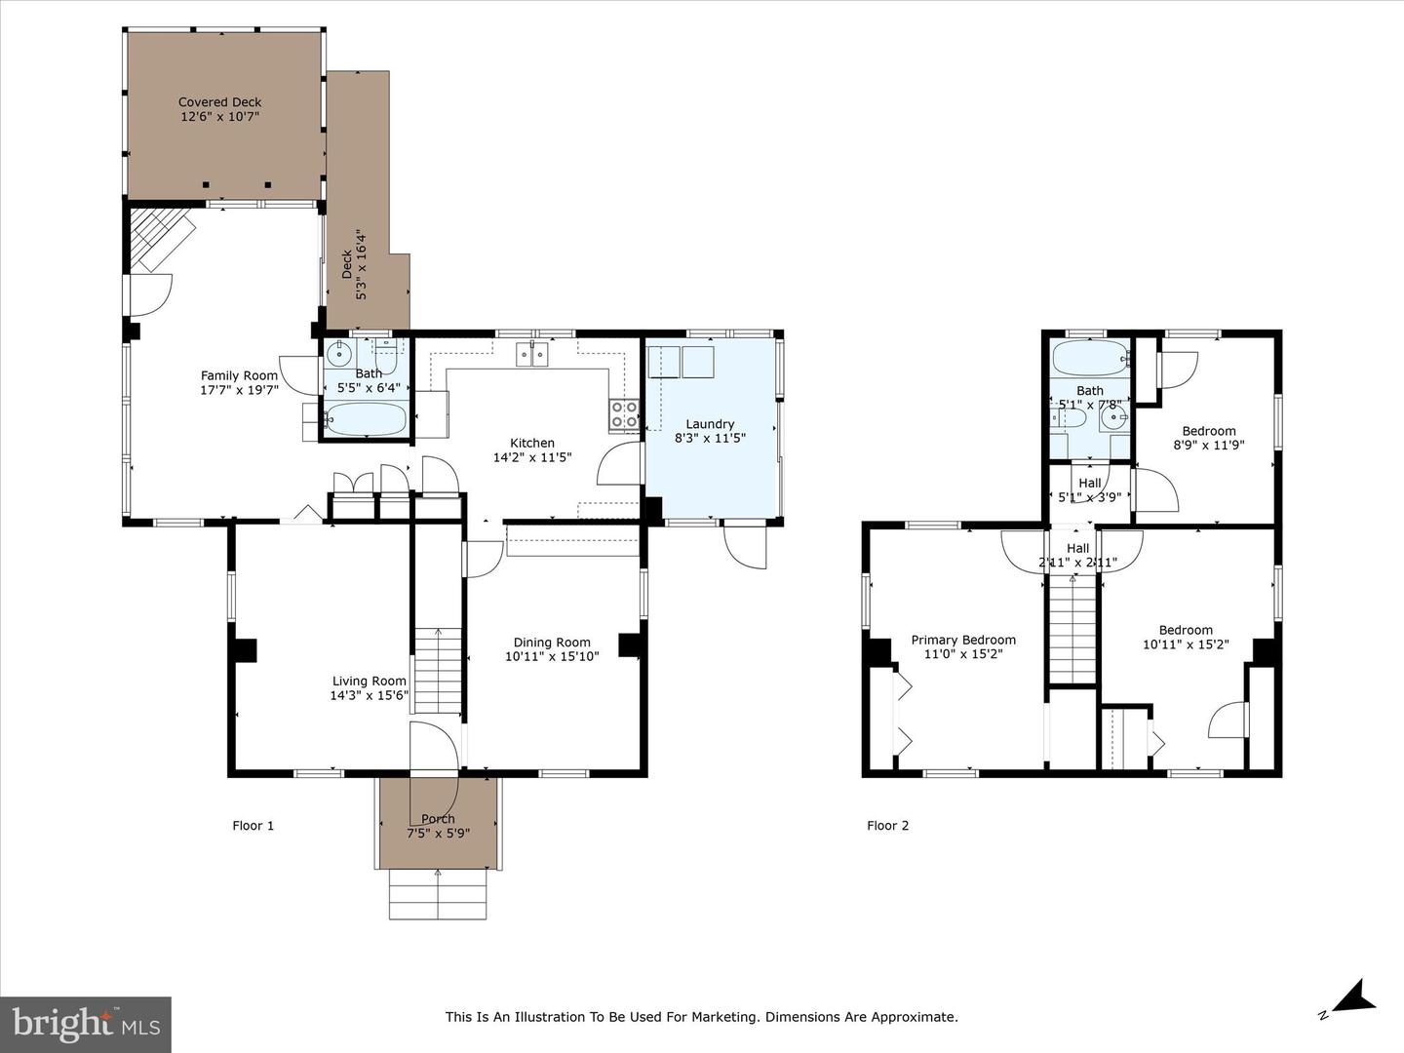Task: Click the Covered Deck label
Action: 219,101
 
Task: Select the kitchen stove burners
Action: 624,415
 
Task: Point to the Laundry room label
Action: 710,424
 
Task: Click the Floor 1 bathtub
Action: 365,420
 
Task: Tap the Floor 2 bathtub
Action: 1089,359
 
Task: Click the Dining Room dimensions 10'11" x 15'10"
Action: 552,656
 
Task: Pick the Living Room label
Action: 369,682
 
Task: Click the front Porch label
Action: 438,819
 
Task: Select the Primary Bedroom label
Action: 963,640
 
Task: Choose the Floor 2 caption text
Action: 887,826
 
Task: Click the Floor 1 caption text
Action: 253,826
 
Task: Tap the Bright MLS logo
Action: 86,1024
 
